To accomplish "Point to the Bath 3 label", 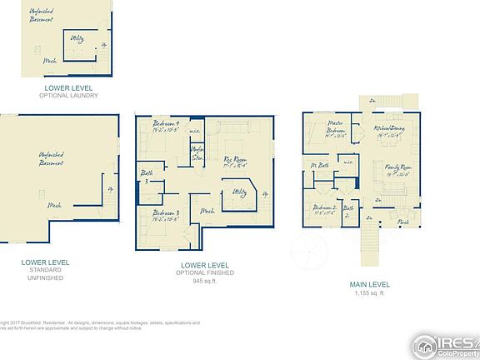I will (x=146, y=177).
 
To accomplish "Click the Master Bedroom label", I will (x=334, y=132).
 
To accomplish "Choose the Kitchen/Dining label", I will (x=390, y=128).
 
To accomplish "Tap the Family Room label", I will (x=400, y=170).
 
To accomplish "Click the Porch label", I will (x=402, y=222).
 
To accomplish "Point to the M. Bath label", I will (x=320, y=165).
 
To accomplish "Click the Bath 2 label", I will (x=348, y=209).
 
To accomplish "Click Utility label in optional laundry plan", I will (x=77, y=38).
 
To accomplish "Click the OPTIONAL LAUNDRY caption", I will (x=68, y=95).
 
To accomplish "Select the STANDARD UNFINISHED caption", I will (x=45, y=272).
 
